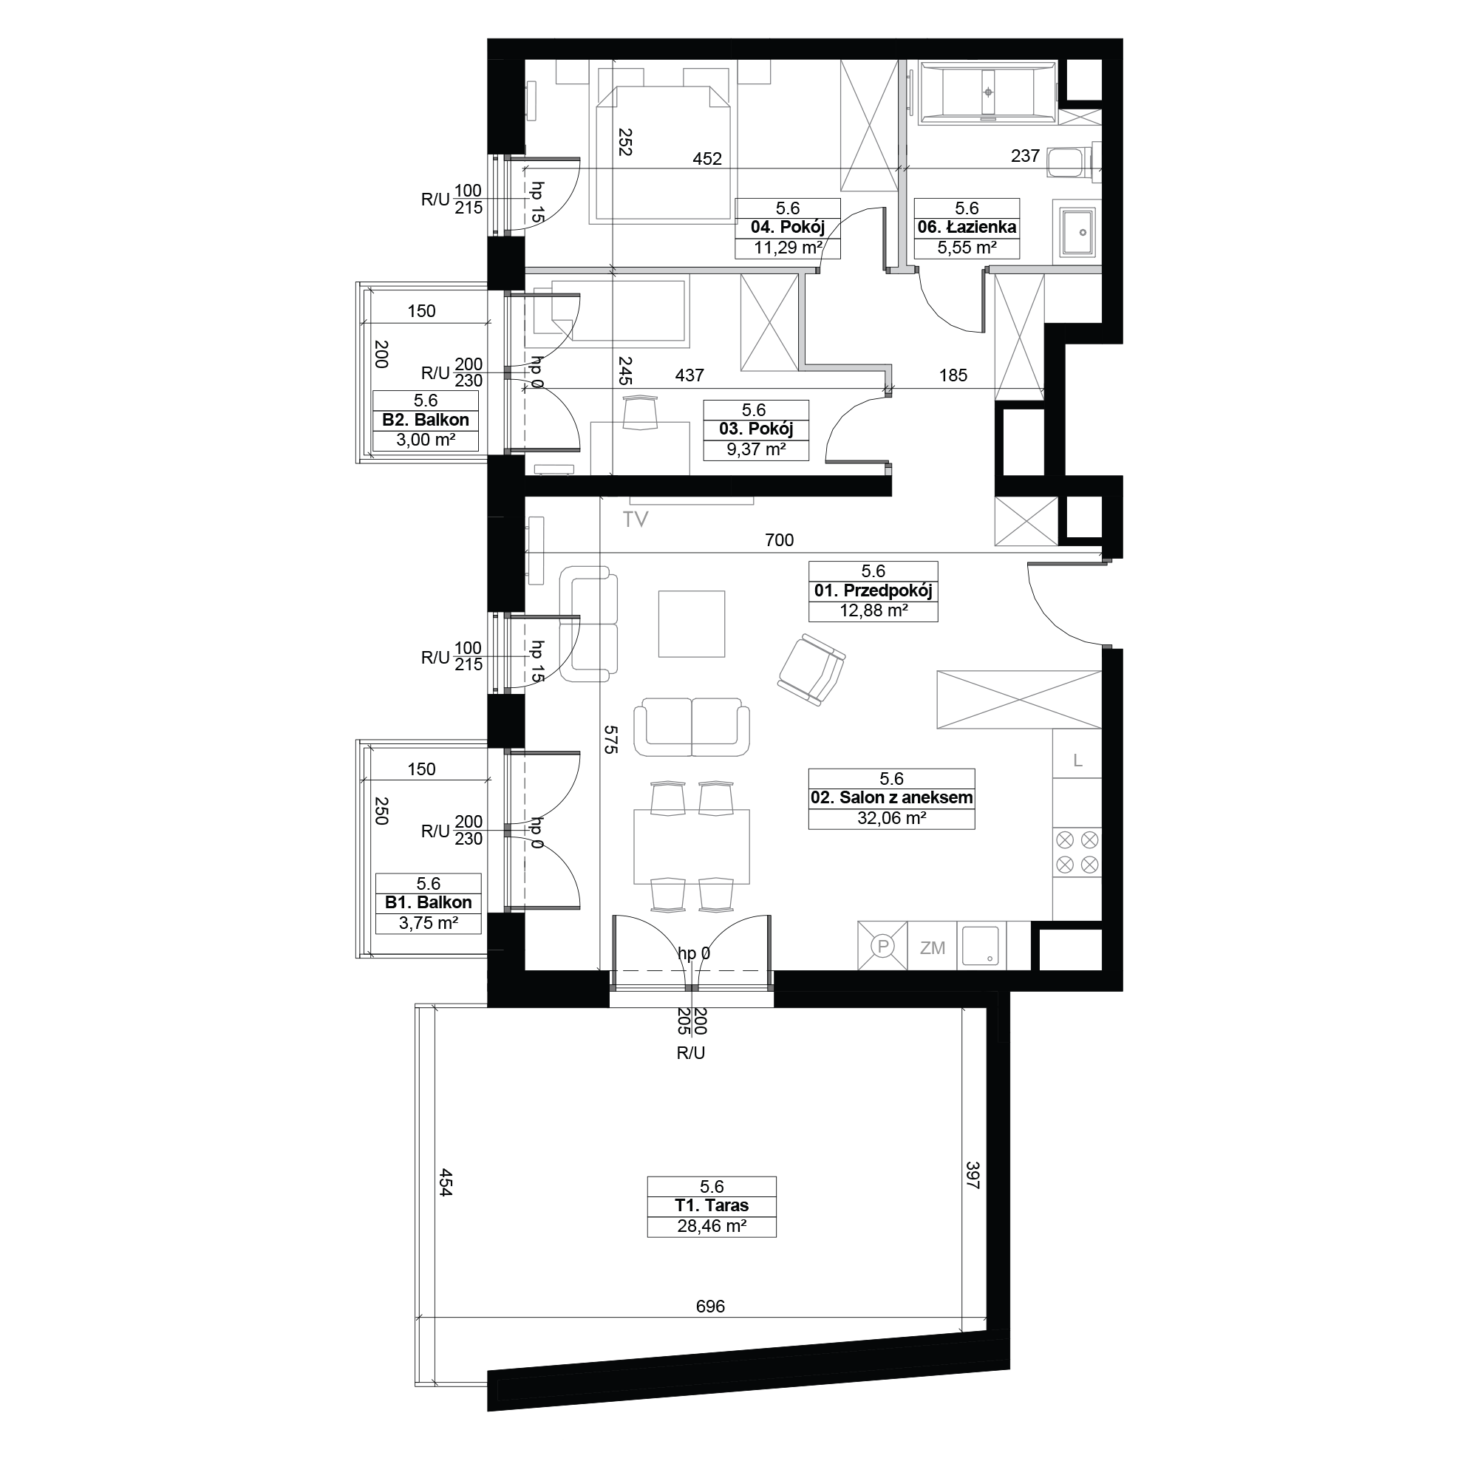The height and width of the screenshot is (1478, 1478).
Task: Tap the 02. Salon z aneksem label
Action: coord(892,798)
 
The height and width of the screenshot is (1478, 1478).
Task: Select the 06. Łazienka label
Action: coord(967,227)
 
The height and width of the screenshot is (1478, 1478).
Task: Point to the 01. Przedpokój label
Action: coord(873,590)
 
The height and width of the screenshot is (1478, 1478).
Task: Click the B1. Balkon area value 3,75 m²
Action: coord(429,923)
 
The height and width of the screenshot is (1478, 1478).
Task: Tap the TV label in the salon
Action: coord(635,520)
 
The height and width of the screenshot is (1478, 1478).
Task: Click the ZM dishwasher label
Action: coord(933,948)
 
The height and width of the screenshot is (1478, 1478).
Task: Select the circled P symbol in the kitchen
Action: coord(883,947)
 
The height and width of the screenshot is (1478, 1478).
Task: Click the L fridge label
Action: coord(1078,760)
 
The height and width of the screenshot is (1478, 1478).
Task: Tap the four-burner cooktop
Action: coord(1077,853)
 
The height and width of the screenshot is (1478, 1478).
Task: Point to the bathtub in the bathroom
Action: coord(988,92)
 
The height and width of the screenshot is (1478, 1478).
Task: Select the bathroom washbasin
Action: coord(1077,233)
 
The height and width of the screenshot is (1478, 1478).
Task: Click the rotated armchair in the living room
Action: coord(811,671)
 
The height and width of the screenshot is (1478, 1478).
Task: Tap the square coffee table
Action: coord(692,624)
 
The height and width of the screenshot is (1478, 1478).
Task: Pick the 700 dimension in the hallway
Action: coord(780,540)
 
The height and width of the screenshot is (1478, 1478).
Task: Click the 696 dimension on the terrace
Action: coord(711,1307)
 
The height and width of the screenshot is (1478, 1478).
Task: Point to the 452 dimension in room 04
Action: coord(707,158)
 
